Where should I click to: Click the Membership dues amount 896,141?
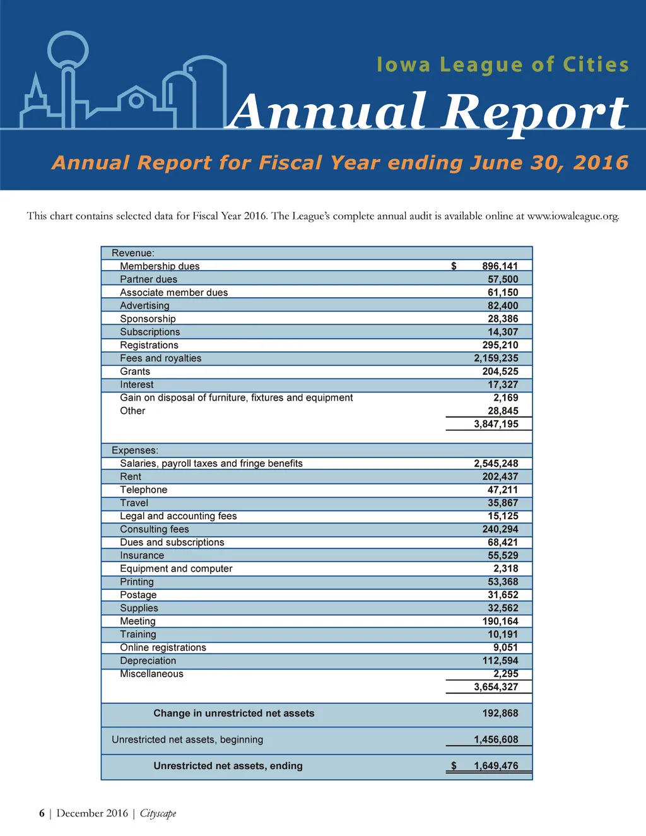(500, 266)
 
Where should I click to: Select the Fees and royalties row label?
(161, 358)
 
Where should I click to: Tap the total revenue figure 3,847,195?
(496, 424)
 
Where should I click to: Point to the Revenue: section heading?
(133, 253)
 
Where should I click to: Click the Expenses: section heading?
(135, 450)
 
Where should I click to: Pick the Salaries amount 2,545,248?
(496, 464)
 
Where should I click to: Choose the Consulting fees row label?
(155, 529)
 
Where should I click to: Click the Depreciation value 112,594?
(500, 661)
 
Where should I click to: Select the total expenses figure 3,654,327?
(496, 687)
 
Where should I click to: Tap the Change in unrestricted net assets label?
(233, 714)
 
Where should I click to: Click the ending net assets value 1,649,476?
(496, 766)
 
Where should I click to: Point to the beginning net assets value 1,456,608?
(496, 739)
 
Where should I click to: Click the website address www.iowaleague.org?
(572, 216)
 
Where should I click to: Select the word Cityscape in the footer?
(158, 813)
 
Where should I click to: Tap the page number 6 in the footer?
(42, 813)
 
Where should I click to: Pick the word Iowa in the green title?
(403, 65)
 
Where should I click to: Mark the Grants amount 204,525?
(500, 372)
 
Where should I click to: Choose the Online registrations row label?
(163, 648)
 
